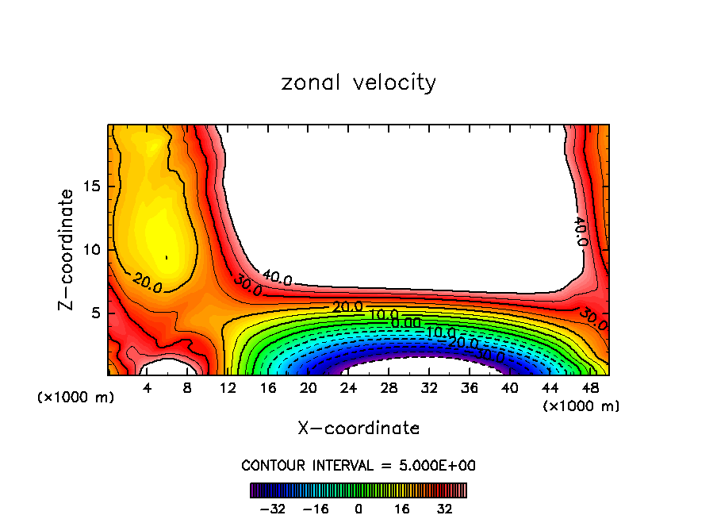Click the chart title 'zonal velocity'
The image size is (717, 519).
358,83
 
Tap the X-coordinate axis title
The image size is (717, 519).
358,429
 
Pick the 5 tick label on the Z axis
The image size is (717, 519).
94,313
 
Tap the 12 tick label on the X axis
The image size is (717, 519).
228,389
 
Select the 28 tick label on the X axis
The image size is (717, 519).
389,389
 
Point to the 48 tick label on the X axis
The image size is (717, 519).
589,389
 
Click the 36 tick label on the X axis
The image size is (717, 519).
469,389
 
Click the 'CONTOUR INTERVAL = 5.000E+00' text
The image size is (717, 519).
358,465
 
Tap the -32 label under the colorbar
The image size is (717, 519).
273,508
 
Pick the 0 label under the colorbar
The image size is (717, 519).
358,508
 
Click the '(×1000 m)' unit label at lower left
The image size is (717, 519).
76,398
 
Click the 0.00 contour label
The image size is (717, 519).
406,323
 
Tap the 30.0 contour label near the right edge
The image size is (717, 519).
592,319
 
